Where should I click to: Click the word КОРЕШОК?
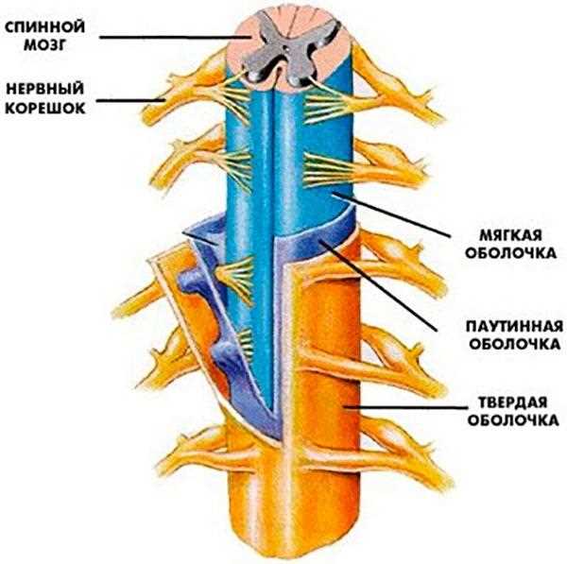tap(43, 106)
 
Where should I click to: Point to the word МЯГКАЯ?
tap(505, 233)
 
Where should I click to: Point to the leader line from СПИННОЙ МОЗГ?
tap(170, 36)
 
